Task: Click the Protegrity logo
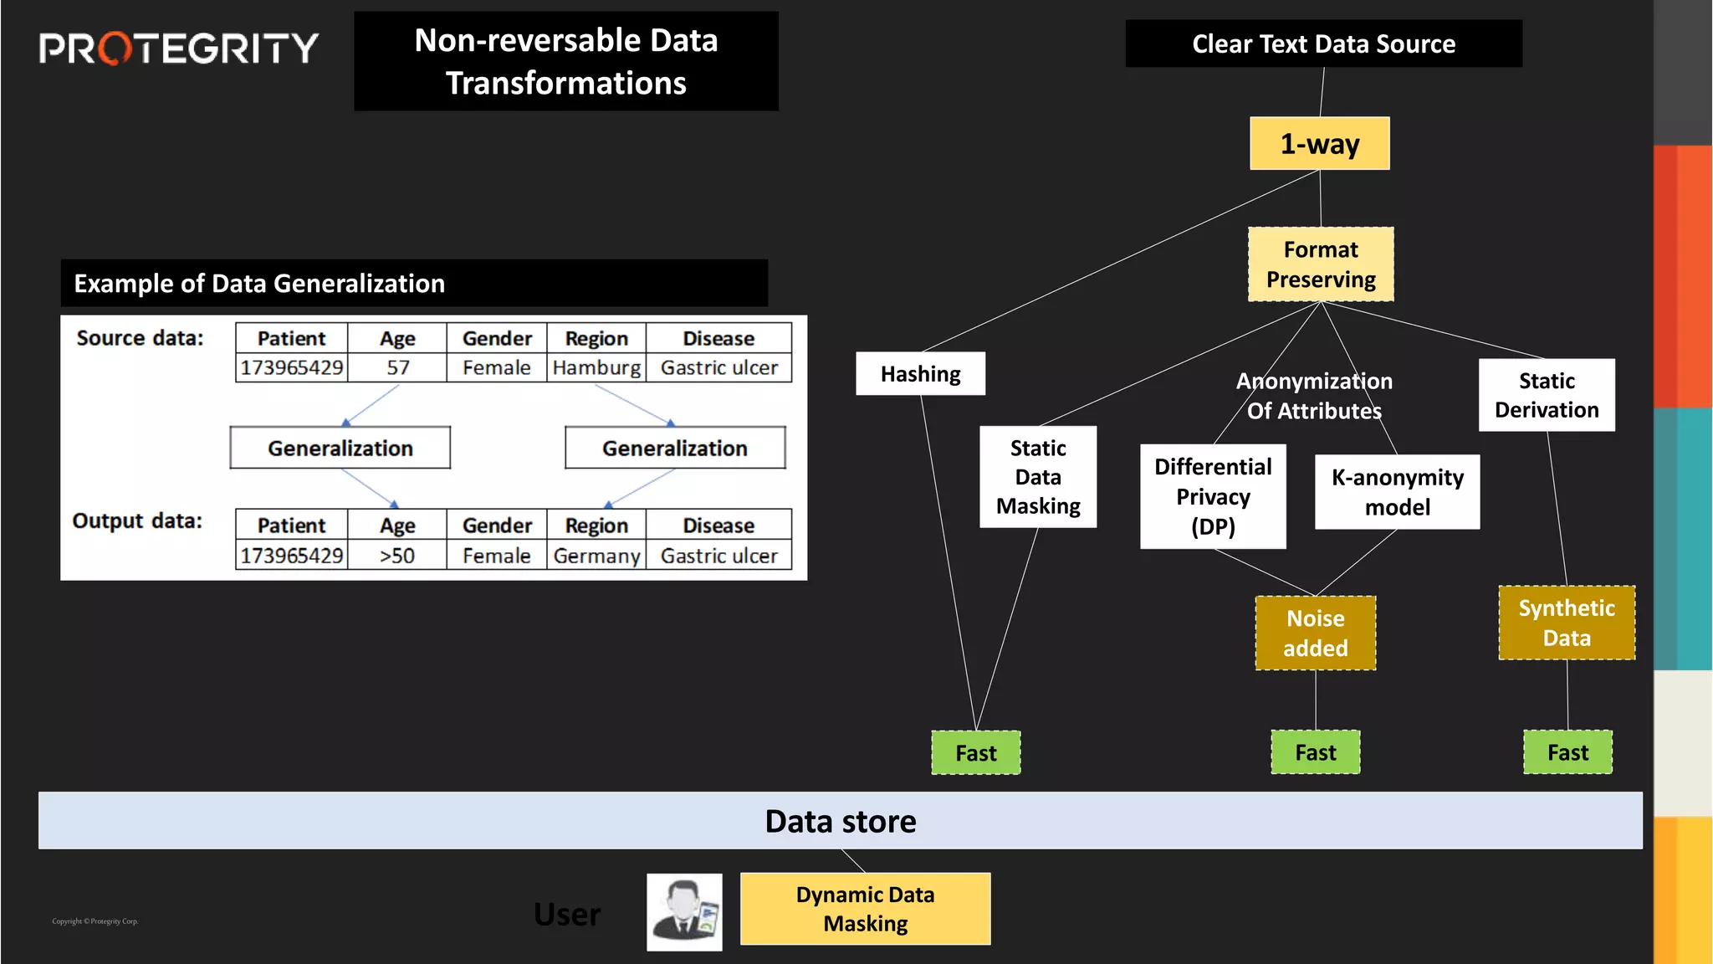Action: [x=178, y=49]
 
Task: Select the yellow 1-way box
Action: [x=1319, y=144]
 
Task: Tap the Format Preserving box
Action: [x=1321, y=264]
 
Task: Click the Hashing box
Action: [x=920, y=374]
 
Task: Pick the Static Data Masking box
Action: [x=1037, y=477]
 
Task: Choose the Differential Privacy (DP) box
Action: [x=1212, y=496]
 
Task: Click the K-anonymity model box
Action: [x=1397, y=492]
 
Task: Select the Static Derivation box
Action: [x=1546, y=395]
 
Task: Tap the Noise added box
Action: [x=1315, y=633]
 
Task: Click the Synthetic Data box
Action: [x=1566, y=623]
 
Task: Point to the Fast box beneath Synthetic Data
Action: [x=1567, y=752]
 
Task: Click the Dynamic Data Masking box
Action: [x=865, y=909]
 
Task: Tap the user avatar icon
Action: [x=684, y=912]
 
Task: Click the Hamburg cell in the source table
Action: [x=596, y=368]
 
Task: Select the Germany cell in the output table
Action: [x=596, y=556]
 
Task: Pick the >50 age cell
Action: [x=396, y=556]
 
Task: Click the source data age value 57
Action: [x=397, y=368]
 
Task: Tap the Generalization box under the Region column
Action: [x=674, y=449]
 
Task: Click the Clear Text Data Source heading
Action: [x=1323, y=44]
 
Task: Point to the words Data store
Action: [x=840, y=822]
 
